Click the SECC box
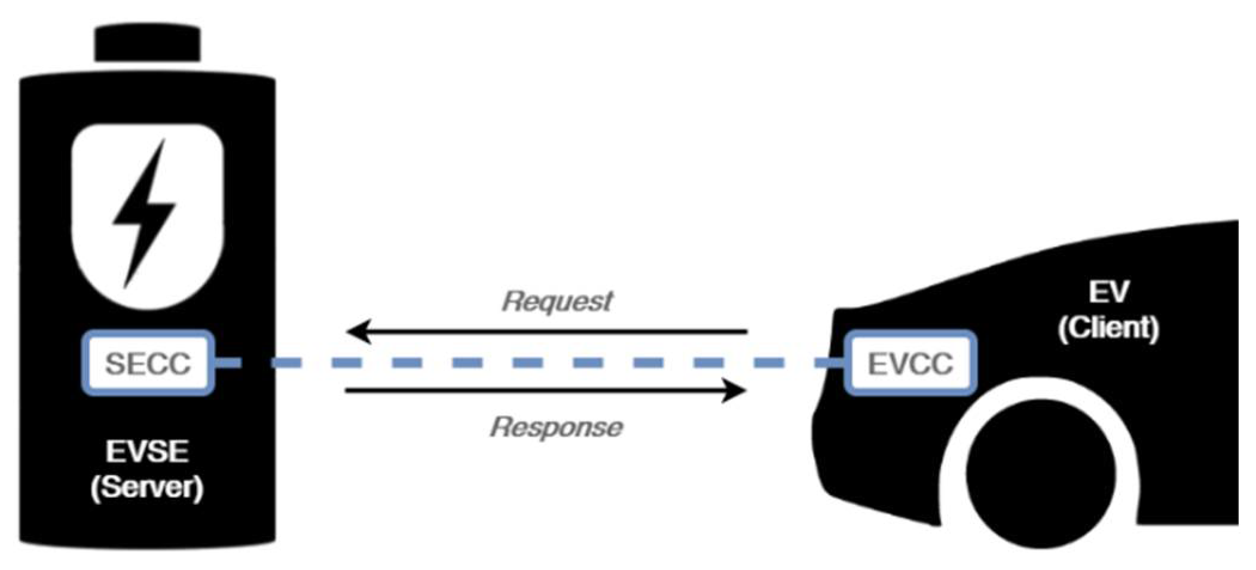[x=148, y=363]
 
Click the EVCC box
[x=910, y=363]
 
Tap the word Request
[x=557, y=301]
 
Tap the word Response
[x=556, y=427]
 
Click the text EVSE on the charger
[x=147, y=452]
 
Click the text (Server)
[x=147, y=487]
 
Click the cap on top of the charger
[x=148, y=44]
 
